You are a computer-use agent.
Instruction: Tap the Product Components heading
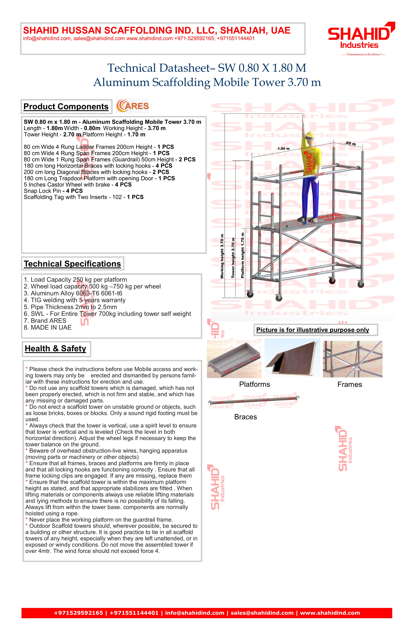pos(66,107)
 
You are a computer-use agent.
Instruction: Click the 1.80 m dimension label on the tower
pos(283,149)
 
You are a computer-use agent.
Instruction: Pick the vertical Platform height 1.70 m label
pos(243,255)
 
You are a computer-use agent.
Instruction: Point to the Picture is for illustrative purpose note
pos(313,330)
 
